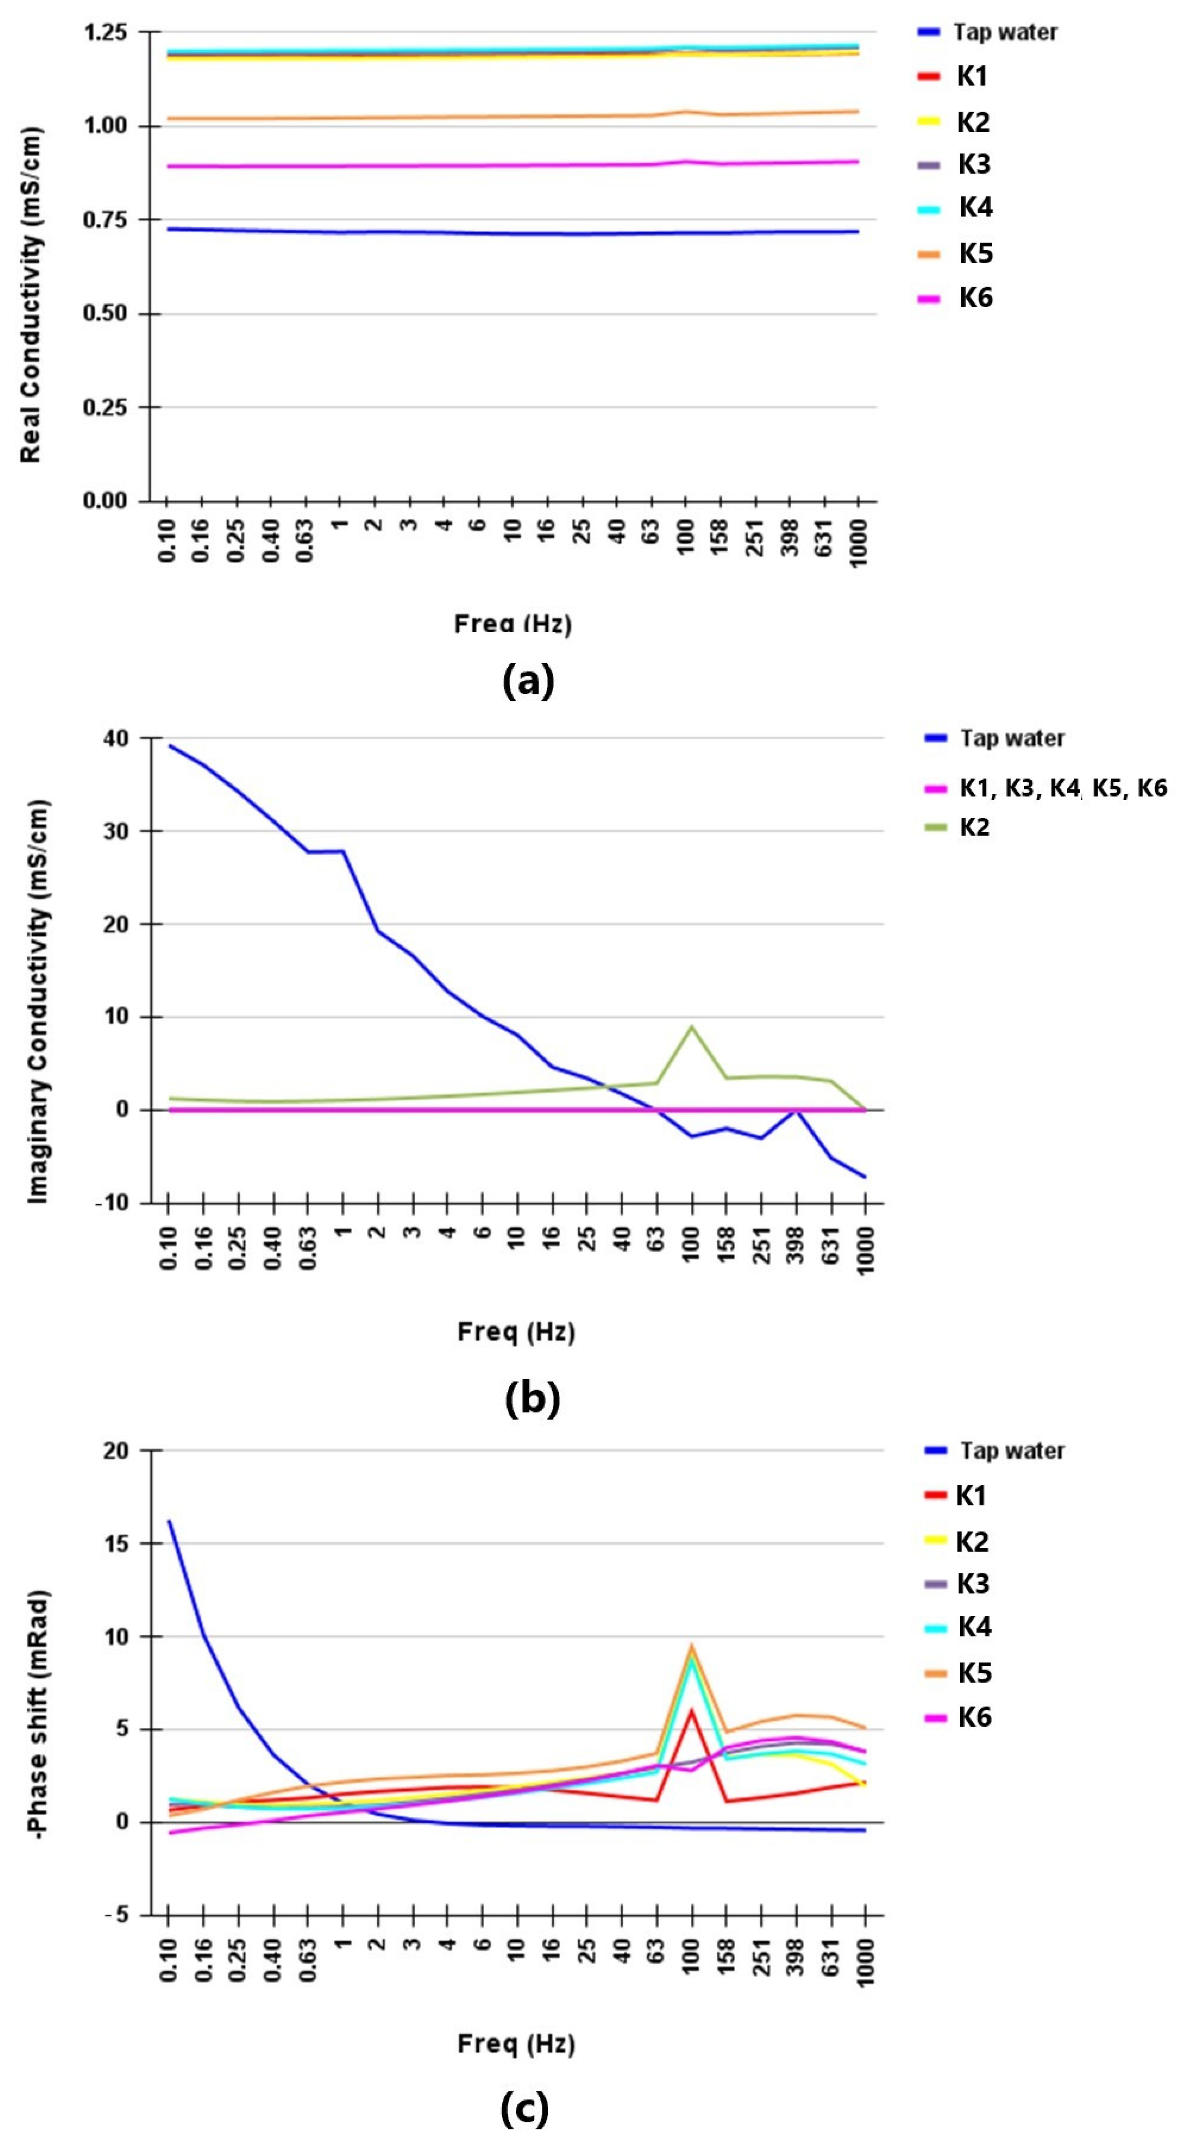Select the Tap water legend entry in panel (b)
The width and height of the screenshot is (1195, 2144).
(1011, 738)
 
